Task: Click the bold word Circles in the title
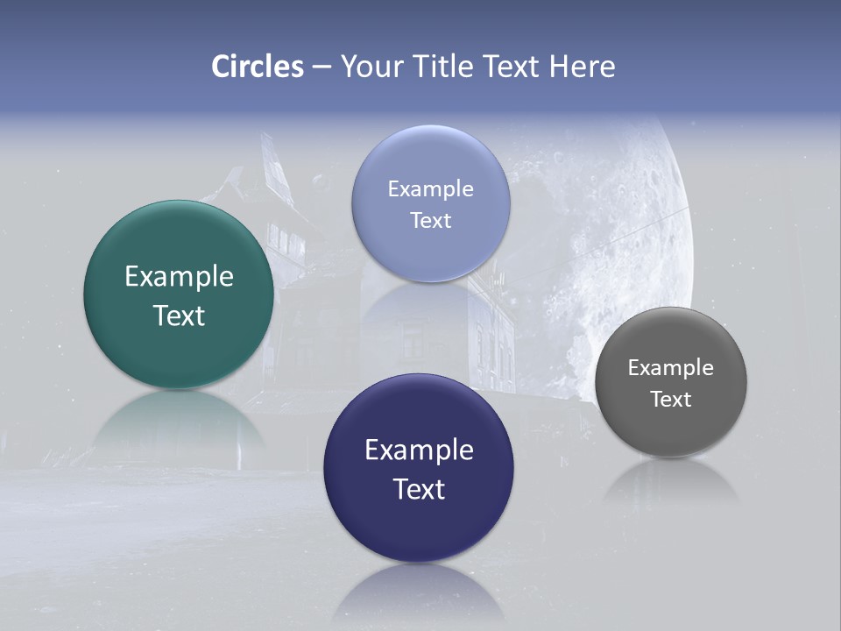[257, 67]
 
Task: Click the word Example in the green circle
[179, 277]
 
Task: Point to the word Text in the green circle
[179, 315]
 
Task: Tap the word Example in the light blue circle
[430, 189]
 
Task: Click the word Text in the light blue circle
[430, 220]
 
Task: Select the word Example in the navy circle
[419, 450]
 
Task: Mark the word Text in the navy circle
[419, 489]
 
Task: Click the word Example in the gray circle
[670, 368]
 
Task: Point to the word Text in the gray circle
[670, 400]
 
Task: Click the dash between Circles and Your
[322, 67]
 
